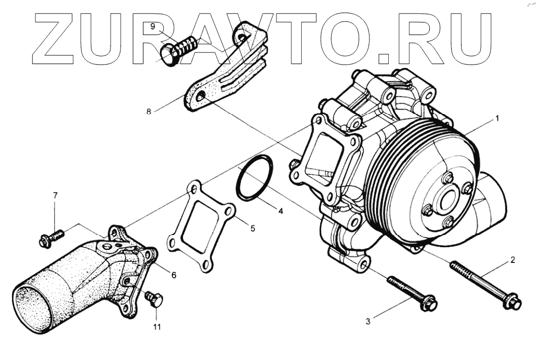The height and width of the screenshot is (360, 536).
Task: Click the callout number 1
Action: pyautogui.click(x=497, y=118)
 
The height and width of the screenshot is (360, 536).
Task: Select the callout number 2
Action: pyautogui.click(x=512, y=260)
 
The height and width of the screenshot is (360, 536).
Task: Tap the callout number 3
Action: pyautogui.click(x=368, y=322)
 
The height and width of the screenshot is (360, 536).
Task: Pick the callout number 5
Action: pyautogui.click(x=252, y=228)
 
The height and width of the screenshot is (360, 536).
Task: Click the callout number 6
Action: pyautogui.click(x=174, y=275)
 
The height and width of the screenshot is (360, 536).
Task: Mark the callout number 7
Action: pyautogui.click(x=55, y=196)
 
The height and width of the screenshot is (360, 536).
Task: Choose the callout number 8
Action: pyautogui.click(x=148, y=111)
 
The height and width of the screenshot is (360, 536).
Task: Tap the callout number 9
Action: pyautogui.click(x=153, y=26)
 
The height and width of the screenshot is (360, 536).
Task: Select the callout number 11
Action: pyautogui.click(x=157, y=328)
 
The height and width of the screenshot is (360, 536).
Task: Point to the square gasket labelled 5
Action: pyautogui.click(x=200, y=228)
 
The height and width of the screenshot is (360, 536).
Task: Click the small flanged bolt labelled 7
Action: pyautogui.click(x=50, y=238)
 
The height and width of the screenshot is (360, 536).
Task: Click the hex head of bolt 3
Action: pyautogui.click(x=429, y=302)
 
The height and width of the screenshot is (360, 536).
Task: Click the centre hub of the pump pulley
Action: pyautogui.click(x=447, y=199)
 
